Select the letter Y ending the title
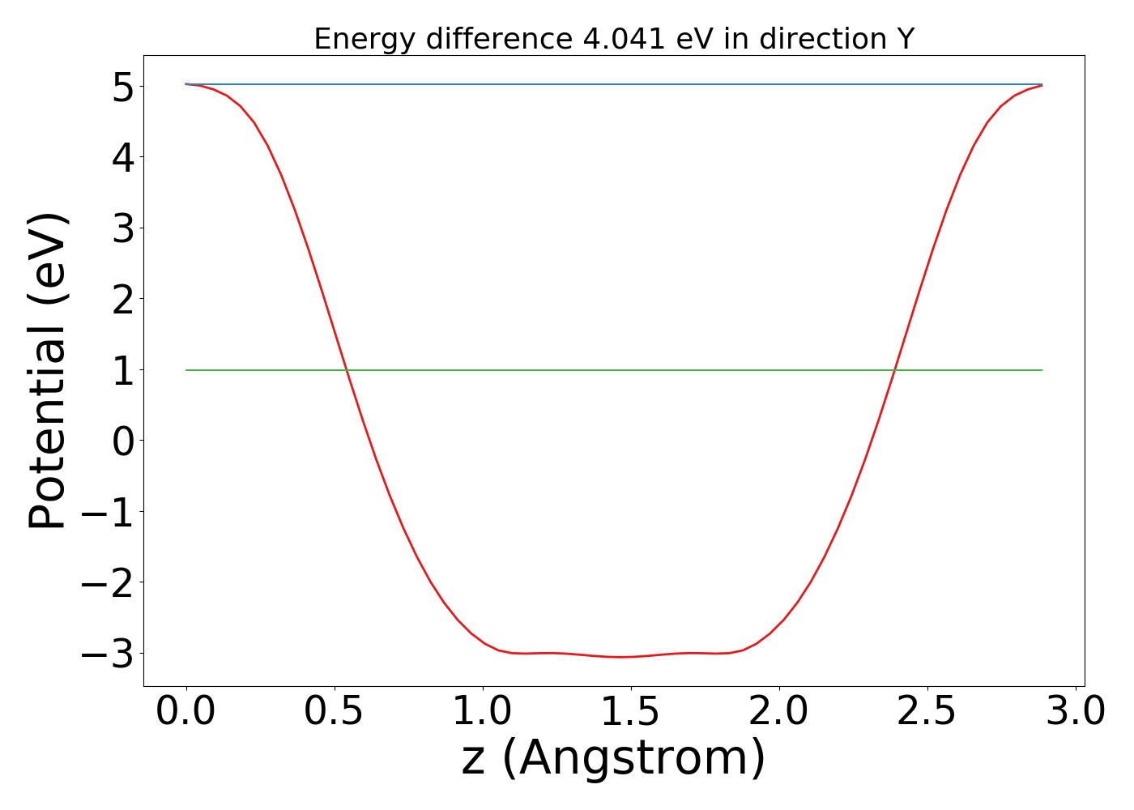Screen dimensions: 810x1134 click(x=906, y=39)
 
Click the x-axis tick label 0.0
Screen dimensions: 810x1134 click(x=186, y=712)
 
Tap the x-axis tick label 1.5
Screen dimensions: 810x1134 click(x=631, y=712)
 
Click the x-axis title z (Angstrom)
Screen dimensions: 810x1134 click(x=613, y=759)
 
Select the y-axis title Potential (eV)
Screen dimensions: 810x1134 click(x=49, y=370)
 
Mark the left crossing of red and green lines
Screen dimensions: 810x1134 click(x=347, y=370)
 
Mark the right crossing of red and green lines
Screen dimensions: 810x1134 click(x=895, y=370)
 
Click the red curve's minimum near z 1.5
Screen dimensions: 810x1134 click(x=620, y=657)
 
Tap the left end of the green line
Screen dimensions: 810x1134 click(x=186, y=370)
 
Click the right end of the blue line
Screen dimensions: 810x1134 click(x=1042, y=84)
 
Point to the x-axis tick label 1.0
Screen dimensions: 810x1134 click(x=483, y=712)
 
